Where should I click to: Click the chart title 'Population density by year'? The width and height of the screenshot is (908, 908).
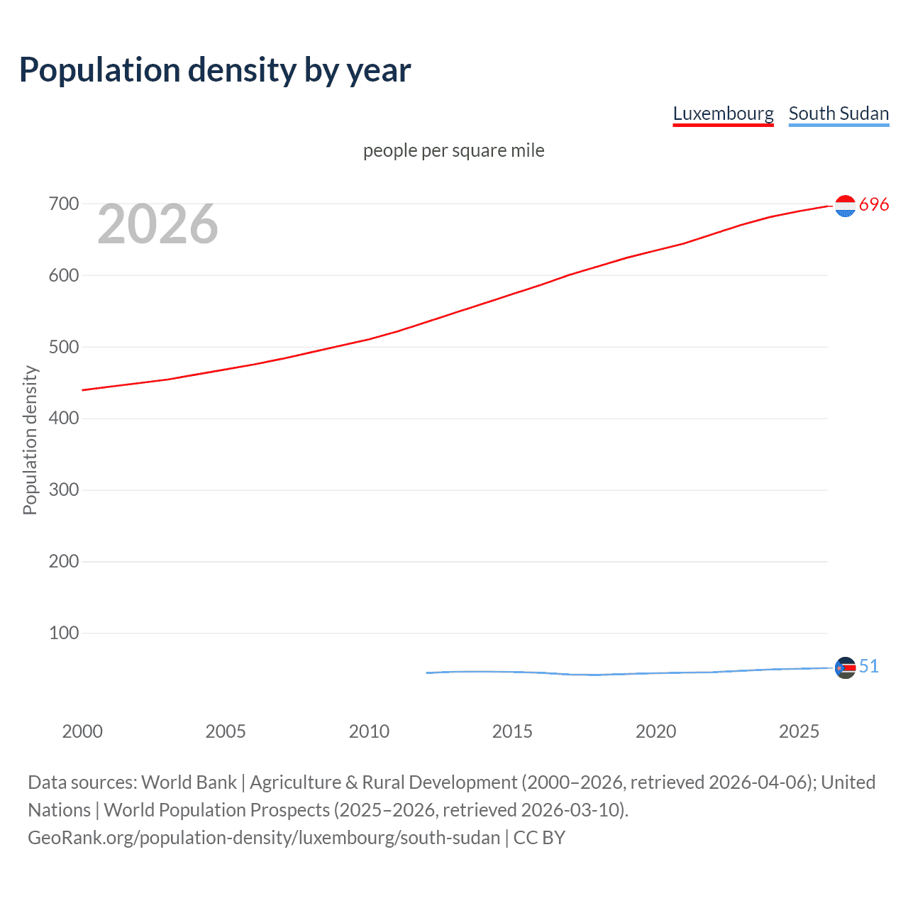(215, 70)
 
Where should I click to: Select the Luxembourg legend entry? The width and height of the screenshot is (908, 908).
(723, 113)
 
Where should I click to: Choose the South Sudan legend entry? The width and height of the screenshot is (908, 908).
(838, 113)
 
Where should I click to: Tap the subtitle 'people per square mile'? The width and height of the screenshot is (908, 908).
(453, 150)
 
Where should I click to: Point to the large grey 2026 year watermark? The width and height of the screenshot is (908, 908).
(157, 224)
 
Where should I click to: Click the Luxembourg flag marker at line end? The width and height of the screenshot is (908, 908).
(845, 206)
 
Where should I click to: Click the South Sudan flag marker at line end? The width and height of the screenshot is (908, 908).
(845, 668)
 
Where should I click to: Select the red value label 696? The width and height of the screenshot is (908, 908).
(873, 205)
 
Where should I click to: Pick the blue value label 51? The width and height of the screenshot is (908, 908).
(868, 666)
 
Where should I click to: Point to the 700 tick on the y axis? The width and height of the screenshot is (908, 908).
(64, 204)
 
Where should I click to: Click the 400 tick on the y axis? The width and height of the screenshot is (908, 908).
(64, 419)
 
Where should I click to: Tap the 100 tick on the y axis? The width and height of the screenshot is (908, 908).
(64, 633)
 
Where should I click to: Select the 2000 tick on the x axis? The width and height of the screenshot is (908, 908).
(82, 731)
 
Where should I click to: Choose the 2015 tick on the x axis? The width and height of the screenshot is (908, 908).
(512, 731)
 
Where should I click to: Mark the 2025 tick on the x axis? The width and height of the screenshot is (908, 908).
(799, 731)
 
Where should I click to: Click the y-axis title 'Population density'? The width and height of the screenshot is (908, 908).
(30, 440)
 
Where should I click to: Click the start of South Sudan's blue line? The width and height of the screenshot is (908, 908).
(427, 672)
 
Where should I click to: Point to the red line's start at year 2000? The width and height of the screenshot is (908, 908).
(83, 390)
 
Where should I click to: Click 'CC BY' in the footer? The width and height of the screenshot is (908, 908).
(539, 838)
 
